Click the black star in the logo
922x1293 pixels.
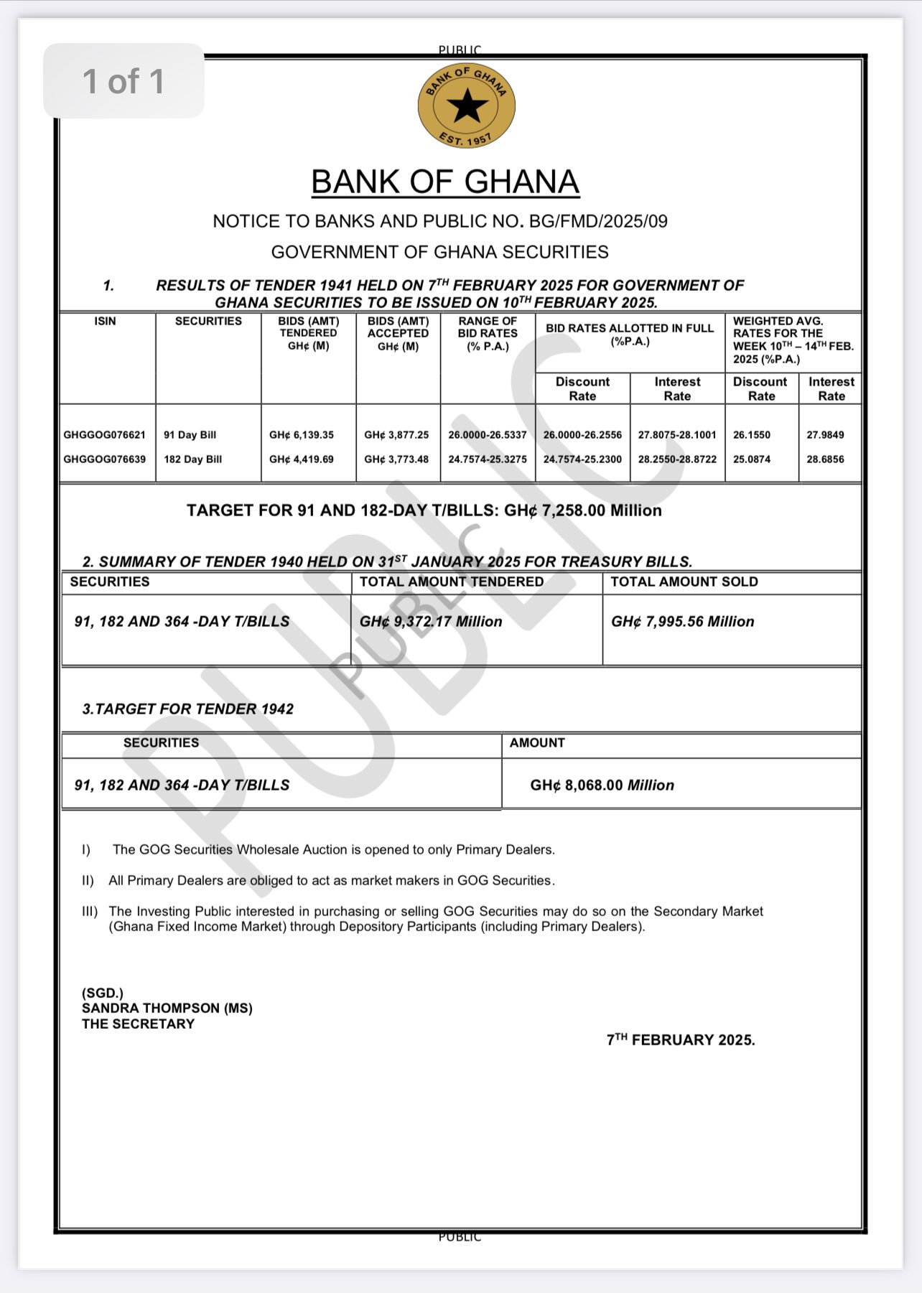click(x=467, y=106)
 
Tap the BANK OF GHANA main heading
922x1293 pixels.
click(x=445, y=182)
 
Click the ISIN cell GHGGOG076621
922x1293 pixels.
click(x=105, y=435)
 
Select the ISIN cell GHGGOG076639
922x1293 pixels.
click(x=105, y=459)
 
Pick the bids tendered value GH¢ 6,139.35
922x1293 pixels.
click(x=302, y=435)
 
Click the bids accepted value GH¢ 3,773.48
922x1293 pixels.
click(x=396, y=459)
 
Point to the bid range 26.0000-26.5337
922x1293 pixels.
click(x=488, y=435)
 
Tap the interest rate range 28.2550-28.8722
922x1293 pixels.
click(x=677, y=459)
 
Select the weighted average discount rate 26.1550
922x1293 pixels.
click(x=752, y=435)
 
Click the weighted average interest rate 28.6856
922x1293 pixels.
click(x=825, y=459)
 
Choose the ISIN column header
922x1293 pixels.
click(x=105, y=321)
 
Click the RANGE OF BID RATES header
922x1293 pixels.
click(x=488, y=333)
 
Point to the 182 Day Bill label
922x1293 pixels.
click(x=193, y=459)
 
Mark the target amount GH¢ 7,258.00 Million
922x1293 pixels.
click(x=582, y=510)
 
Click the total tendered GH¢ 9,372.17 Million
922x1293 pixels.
click(x=431, y=622)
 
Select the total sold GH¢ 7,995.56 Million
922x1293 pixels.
click(x=682, y=622)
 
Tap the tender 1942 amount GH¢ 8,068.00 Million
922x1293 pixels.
click(x=602, y=785)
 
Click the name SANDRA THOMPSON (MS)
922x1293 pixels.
click(x=167, y=1008)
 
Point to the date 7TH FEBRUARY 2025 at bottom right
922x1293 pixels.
click(x=681, y=1040)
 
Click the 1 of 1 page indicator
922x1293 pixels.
click(x=124, y=81)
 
